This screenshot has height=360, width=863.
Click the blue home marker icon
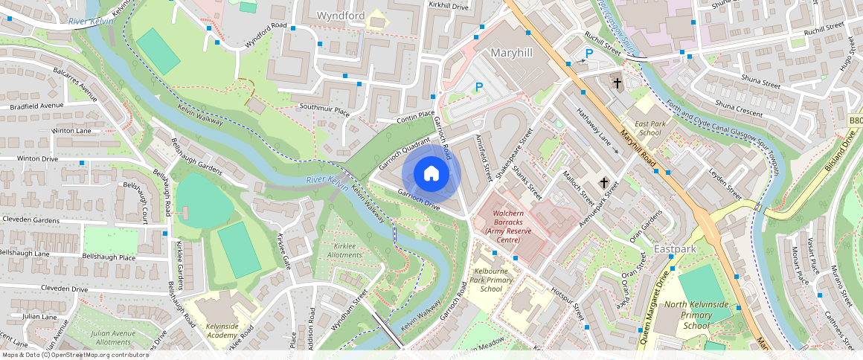pyautogui.click(x=431, y=174)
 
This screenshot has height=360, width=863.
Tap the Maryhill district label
pyautogui.click(x=513, y=53)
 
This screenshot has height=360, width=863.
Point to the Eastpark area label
pyautogui.click(x=675, y=248)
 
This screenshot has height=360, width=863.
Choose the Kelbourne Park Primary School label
pyautogui.click(x=492, y=280)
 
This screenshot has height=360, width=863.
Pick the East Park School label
pyautogui.click(x=644, y=128)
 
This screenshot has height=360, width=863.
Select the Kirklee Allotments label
pyautogui.click(x=345, y=250)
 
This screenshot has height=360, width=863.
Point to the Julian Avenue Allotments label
pyautogui.click(x=112, y=338)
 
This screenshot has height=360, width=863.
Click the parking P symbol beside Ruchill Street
pyautogui.click(x=589, y=54)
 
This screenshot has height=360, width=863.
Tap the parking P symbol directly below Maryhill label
pyautogui.click(x=479, y=88)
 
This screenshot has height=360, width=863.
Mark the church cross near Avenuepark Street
pyautogui.click(x=604, y=182)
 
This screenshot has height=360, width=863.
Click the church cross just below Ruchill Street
pyautogui.click(x=617, y=83)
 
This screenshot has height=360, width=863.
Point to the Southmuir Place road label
pyautogui.click(x=324, y=110)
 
